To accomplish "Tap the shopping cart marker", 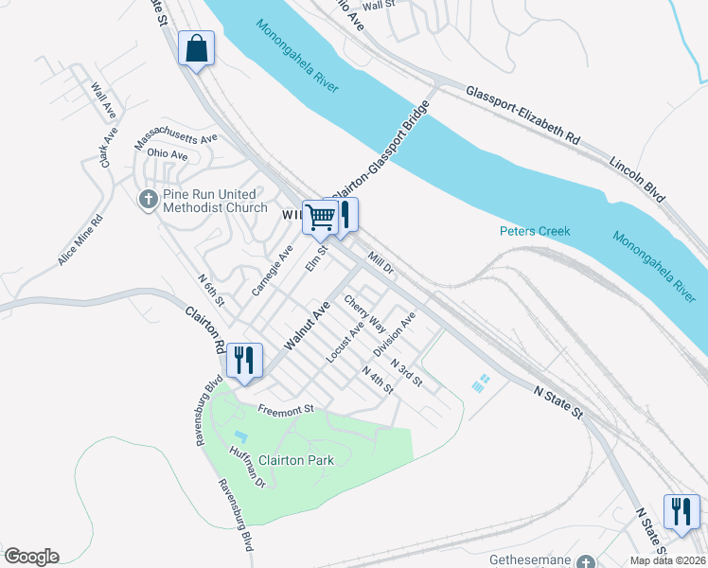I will click(x=320, y=218).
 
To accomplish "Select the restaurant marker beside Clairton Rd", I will click(x=244, y=360).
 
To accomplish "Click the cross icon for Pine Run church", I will click(x=148, y=200).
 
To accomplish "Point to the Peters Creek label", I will click(x=530, y=231).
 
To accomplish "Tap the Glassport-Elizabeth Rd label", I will click(x=522, y=115).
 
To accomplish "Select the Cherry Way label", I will click(x=365, y=313).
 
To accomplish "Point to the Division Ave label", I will click(x=394, y=335).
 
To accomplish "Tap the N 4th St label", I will click(x=378, y=382).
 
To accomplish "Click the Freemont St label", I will click(x=286, y=410).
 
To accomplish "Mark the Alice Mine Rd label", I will click(x=80, y=240).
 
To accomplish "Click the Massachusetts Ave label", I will click(x=176, y=139).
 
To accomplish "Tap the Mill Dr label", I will click(x=381, y=262).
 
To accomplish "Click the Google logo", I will click(x=31, y=557).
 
